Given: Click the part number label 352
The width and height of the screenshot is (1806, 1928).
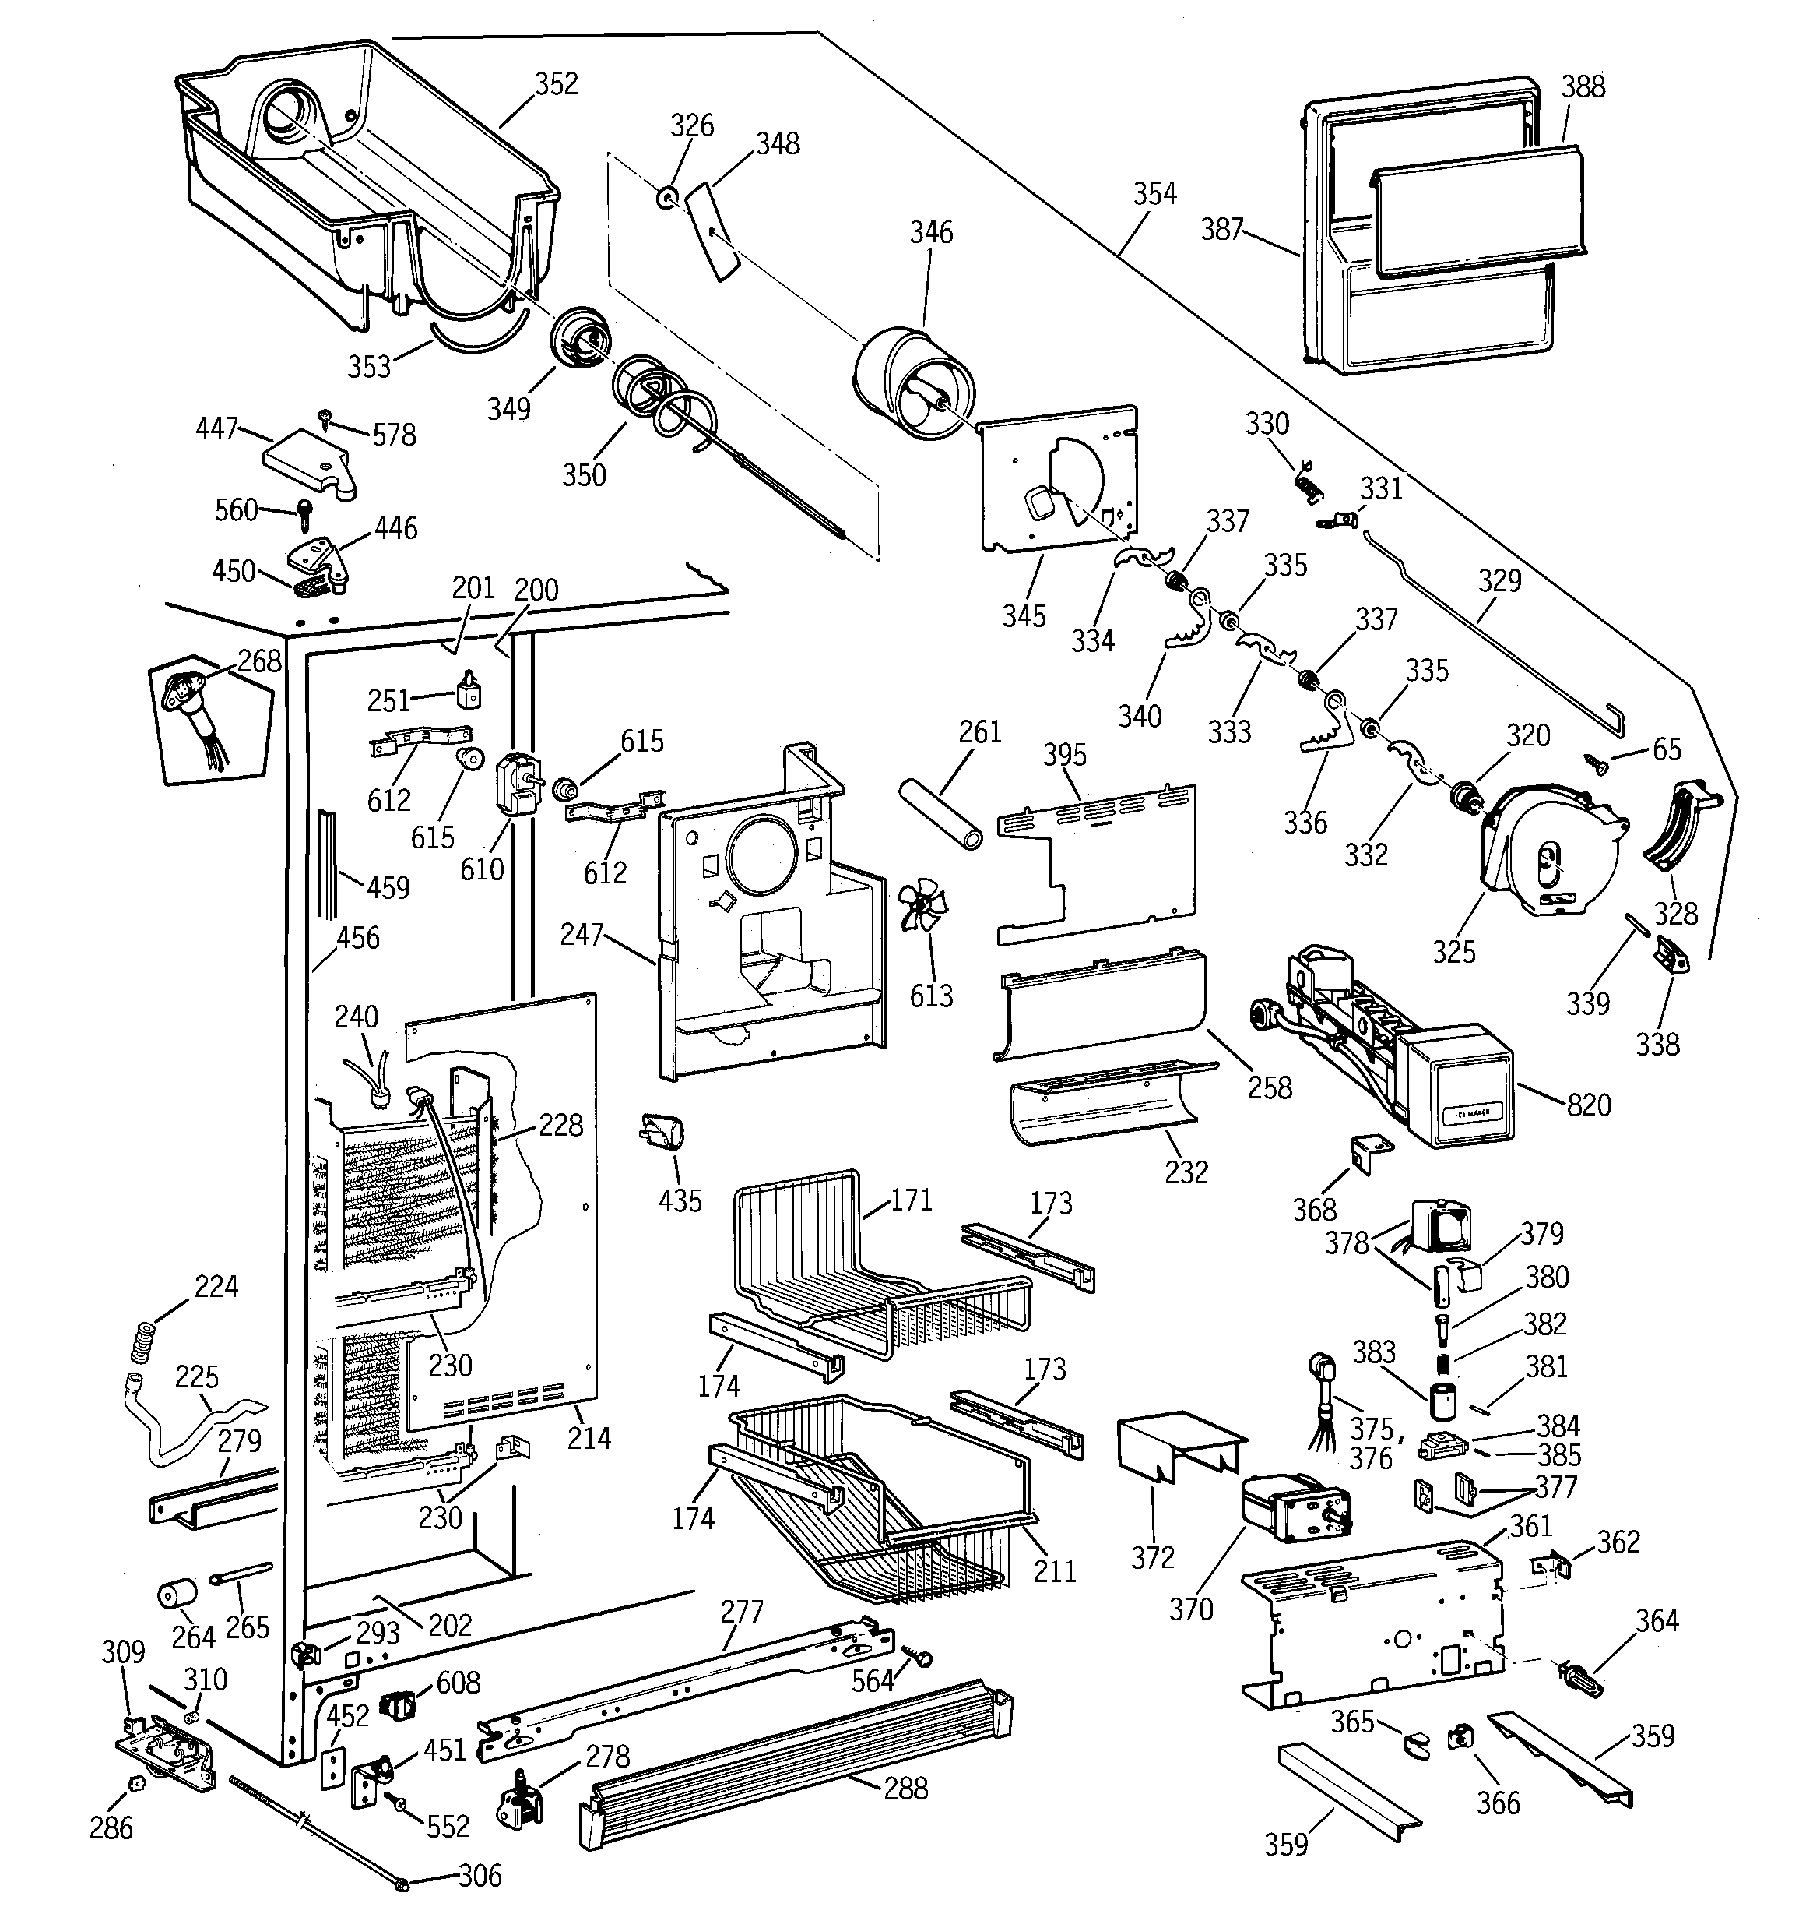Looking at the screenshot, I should click(x=557, y=84).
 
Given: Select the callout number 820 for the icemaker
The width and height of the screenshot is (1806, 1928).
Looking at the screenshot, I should click(x=1588, y=1105).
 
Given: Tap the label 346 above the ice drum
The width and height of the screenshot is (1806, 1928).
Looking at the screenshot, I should click(x=930, y=232).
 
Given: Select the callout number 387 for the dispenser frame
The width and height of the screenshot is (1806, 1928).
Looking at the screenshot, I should click(x=1221, y=229).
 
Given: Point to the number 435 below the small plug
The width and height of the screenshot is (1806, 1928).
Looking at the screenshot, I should click(x=680, y=1200).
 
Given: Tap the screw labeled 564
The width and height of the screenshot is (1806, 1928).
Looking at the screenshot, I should click(x=916, y=1655).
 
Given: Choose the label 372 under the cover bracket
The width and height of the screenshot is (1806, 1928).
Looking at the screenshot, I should click(x=1153, y=1557).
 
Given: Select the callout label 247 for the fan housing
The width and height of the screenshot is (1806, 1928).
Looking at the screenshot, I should click(x=582, y=935).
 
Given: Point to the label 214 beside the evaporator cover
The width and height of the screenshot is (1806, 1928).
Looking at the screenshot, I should click(x=589, y=1437).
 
